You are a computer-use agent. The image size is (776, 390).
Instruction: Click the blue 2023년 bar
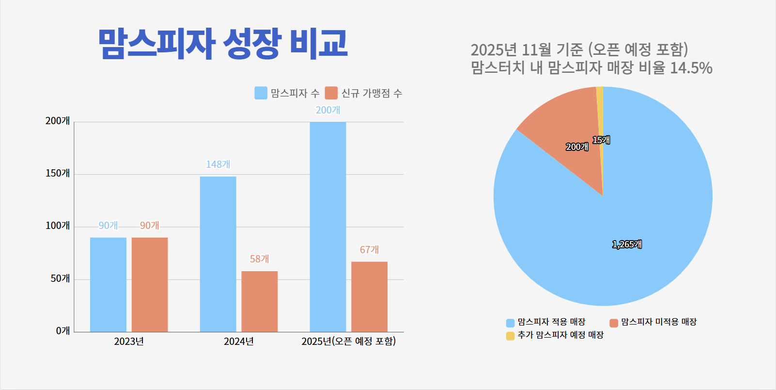108,285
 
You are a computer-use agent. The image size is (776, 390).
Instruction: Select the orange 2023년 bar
150,285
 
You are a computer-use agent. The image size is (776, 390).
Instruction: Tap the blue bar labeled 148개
218,254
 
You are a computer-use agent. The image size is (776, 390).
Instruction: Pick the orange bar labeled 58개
260,301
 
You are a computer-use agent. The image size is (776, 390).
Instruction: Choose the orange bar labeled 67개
369,297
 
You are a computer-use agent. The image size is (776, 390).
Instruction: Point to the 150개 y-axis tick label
58,173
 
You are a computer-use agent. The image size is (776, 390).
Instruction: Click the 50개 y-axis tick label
60,278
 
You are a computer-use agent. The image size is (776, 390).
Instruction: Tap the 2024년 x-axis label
238,341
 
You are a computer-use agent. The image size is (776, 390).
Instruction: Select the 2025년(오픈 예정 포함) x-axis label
348,341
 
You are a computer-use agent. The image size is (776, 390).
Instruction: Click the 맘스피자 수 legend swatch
261,93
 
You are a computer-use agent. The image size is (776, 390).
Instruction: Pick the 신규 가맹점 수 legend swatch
331,93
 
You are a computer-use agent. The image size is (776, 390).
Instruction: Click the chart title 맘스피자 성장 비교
223,44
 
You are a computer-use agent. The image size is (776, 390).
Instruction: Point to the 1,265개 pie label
627,244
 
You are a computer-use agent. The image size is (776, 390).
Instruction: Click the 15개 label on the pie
601,140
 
